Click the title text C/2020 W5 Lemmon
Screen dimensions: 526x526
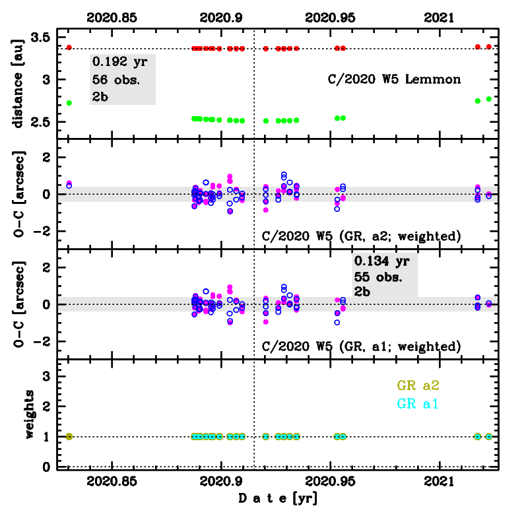click(394, 79)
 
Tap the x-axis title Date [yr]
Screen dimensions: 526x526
click(277, 499)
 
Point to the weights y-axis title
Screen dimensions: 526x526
click(29, 414)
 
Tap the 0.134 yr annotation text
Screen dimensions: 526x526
click(381, 261)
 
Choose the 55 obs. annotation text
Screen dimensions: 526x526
click(379, 277)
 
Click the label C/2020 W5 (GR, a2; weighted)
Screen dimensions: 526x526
click(361, 236)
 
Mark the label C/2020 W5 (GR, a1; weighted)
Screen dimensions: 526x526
click(361, 346)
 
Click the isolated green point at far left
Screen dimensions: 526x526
click(69, 103)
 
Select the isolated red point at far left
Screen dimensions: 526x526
click(69, 47)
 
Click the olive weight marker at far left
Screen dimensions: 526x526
click(69, 436)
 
